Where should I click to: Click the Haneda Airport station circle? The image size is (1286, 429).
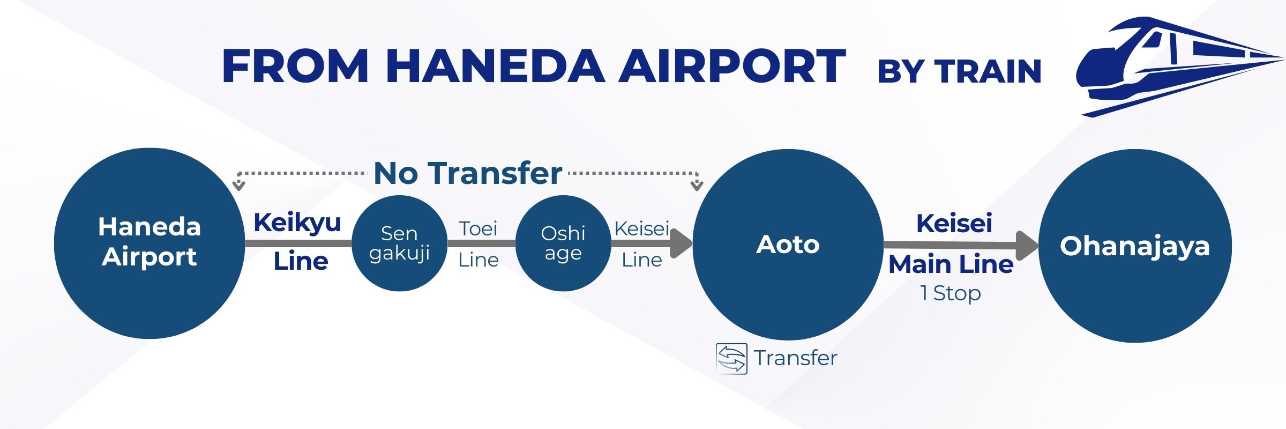click(149, 243)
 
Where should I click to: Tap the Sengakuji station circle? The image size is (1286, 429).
click(399, 243)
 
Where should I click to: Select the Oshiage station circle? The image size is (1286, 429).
click(563, 243)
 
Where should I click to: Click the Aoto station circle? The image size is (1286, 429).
click(788, 245)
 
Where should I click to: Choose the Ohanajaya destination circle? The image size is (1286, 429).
click(1135, 246)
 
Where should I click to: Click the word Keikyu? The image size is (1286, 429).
click(297, 223)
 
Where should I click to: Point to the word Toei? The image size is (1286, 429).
click(478, 229)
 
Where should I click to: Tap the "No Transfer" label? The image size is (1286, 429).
click(468, 173)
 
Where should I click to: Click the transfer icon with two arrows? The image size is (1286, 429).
click(731, 358)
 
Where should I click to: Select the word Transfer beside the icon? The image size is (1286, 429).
click(795, 358)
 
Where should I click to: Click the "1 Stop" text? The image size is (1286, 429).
click(951, 293)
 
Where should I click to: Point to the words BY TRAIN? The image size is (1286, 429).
click(959, 71)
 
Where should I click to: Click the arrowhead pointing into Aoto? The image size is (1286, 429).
click(682, 243)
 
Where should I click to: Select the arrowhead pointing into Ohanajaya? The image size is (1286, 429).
click(1027, 246)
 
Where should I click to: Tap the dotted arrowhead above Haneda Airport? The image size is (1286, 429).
click(239, 185)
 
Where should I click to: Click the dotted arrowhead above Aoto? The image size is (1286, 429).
click(697, 185)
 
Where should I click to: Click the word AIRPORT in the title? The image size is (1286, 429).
click(732, 66)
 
